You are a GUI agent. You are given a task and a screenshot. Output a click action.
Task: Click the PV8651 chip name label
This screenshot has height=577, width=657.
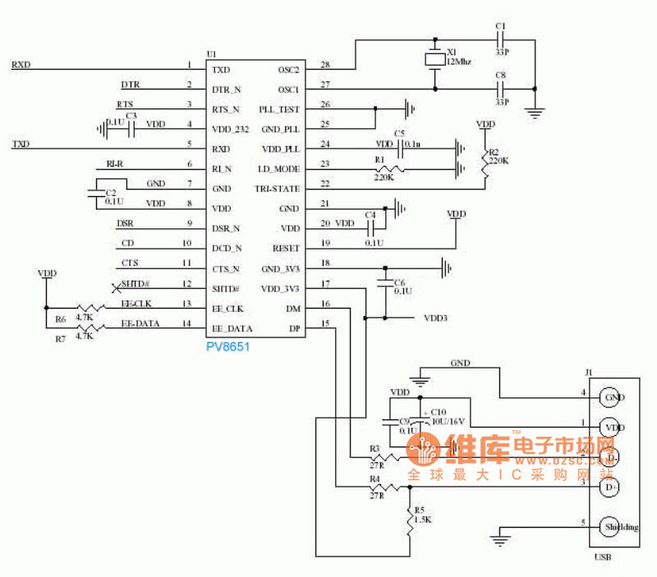pos(227,347)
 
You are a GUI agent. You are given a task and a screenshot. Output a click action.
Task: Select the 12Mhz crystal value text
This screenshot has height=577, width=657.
pos(459,61)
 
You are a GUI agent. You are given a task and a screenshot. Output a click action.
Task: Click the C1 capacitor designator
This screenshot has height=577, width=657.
pos(500,27)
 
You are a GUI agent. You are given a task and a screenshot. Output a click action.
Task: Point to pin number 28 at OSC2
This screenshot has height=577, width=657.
pos(325,65)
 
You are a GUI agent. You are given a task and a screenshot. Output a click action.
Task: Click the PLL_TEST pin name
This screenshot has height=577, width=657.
pos(279,109)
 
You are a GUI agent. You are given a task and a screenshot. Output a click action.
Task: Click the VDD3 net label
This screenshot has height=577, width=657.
pos(435,318)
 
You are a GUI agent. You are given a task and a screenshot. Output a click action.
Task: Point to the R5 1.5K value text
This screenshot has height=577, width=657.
pos(423,520)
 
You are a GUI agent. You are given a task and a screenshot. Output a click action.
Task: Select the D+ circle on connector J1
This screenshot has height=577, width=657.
pos(609,488)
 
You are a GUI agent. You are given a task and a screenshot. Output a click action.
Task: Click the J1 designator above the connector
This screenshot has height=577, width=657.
pos(588,372)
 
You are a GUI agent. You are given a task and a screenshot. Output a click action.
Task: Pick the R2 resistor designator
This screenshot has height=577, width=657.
pos(493,153)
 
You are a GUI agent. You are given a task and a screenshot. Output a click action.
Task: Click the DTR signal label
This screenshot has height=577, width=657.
pos(130,85)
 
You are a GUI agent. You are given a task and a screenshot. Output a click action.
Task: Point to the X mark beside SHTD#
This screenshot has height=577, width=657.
pos(116,286)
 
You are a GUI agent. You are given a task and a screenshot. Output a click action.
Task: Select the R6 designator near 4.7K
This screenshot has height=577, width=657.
pos(60,319)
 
